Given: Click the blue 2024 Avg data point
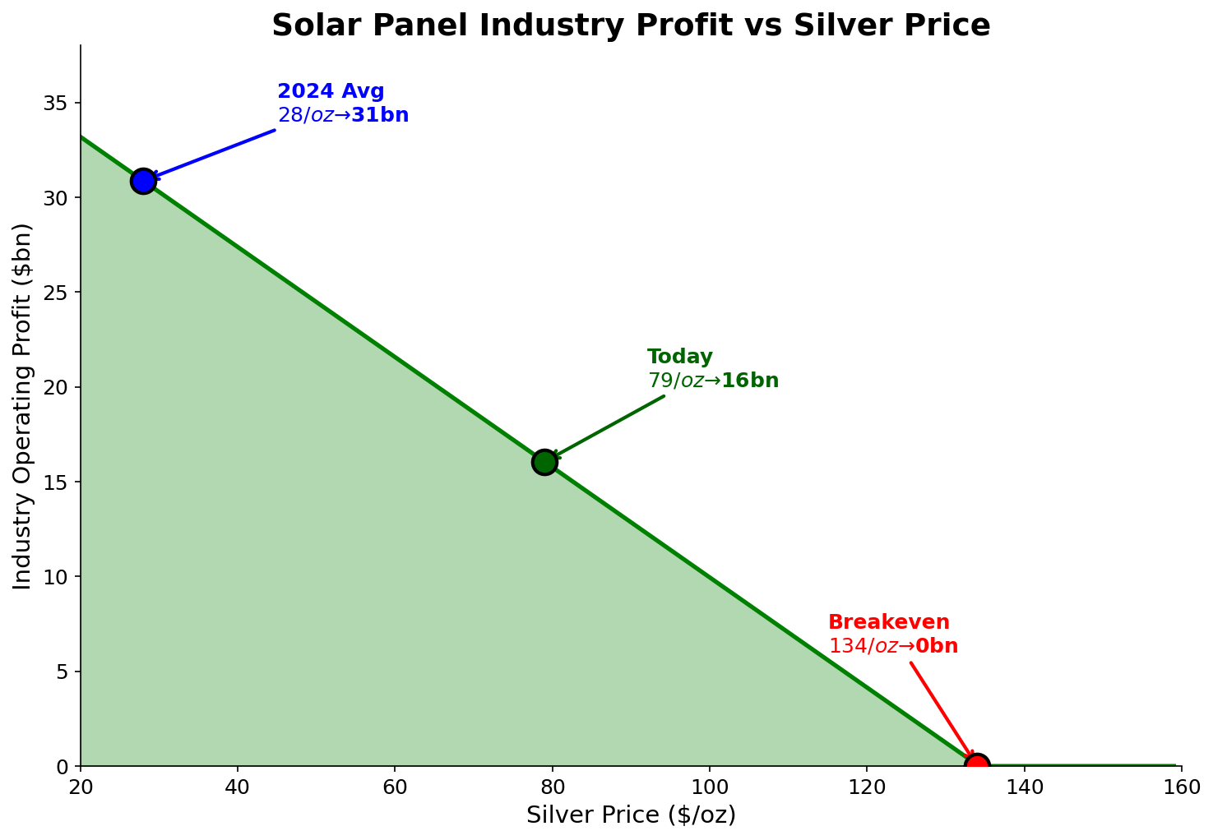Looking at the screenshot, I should click(143, 181).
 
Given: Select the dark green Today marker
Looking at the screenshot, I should click(544, 462).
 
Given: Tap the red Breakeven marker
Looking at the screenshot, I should click(977, 765).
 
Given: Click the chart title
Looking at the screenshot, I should click(631, 25).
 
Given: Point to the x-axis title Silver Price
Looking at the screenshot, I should click(631, 815).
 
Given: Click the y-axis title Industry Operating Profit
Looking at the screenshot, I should click(23, 405).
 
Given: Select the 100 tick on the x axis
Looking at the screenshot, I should click(710, 787).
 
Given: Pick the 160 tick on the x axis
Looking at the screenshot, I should click(1182, 787).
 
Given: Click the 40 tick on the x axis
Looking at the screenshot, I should click(238, 787).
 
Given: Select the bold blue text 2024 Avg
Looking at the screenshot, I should click(331, 92).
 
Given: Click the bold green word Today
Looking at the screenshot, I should click(679, 358).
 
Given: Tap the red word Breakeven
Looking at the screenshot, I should click(888, 623).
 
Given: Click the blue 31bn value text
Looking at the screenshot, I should click(380, 115).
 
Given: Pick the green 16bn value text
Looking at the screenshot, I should click(750, 381).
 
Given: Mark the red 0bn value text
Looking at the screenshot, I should click(937, 647).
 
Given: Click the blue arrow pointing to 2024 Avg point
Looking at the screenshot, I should click(214, 154).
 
